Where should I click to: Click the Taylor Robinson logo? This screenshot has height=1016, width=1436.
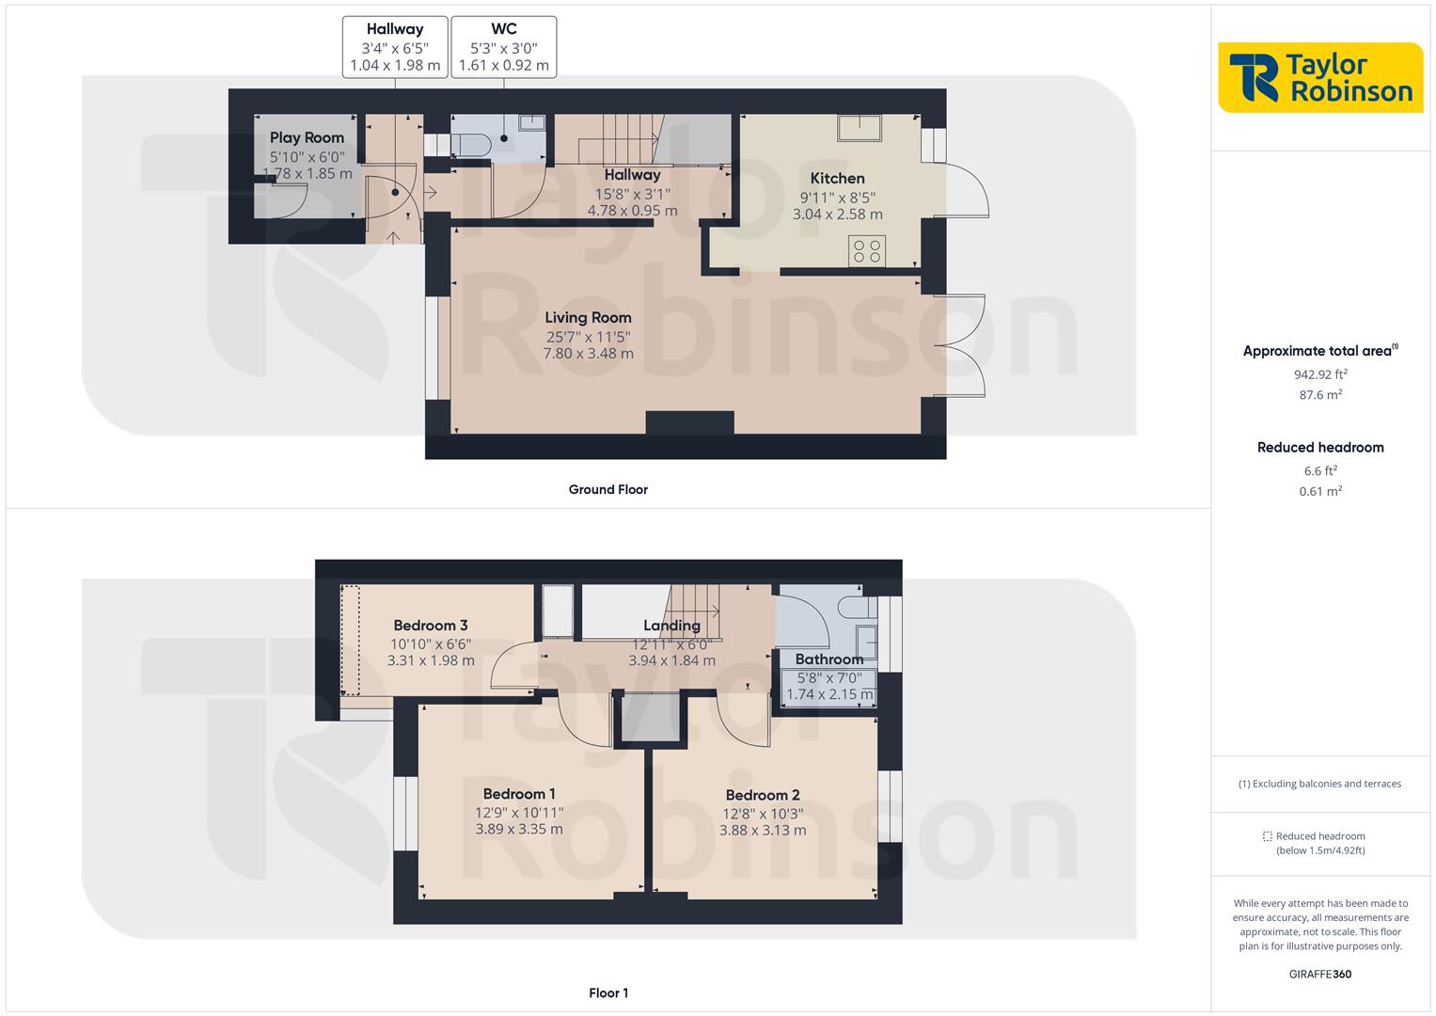pos(1320,77)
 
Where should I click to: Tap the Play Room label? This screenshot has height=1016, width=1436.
pos(307,138)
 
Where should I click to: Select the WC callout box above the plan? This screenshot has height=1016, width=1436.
pos(503,47)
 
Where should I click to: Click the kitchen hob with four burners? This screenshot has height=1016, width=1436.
pos(866,251)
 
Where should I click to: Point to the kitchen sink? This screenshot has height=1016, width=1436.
pos(860,127)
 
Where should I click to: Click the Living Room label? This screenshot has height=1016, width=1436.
pos(588,318)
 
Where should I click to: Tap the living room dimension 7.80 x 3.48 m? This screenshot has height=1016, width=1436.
pos(588,354)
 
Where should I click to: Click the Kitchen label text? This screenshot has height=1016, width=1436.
pos(837,179)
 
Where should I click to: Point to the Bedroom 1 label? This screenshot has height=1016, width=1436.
pos(519,794)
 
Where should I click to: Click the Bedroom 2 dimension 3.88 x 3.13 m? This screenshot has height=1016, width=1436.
pos(762,830)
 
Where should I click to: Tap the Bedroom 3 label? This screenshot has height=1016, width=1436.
pos(430,626)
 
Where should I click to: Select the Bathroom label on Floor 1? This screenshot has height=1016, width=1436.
pos(828,659)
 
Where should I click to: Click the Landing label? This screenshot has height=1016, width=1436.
pos(671,626)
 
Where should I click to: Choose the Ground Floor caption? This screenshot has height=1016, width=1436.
pos(608,489)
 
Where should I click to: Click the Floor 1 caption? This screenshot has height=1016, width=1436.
pos(608,992)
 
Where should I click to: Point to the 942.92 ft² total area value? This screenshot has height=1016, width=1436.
pos(1319,373)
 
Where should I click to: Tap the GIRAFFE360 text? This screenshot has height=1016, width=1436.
pos(1319,974)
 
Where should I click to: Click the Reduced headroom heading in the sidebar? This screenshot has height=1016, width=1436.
pos(1319,448)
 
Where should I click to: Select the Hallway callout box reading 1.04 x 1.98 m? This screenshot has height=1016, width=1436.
pos(395,47)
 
